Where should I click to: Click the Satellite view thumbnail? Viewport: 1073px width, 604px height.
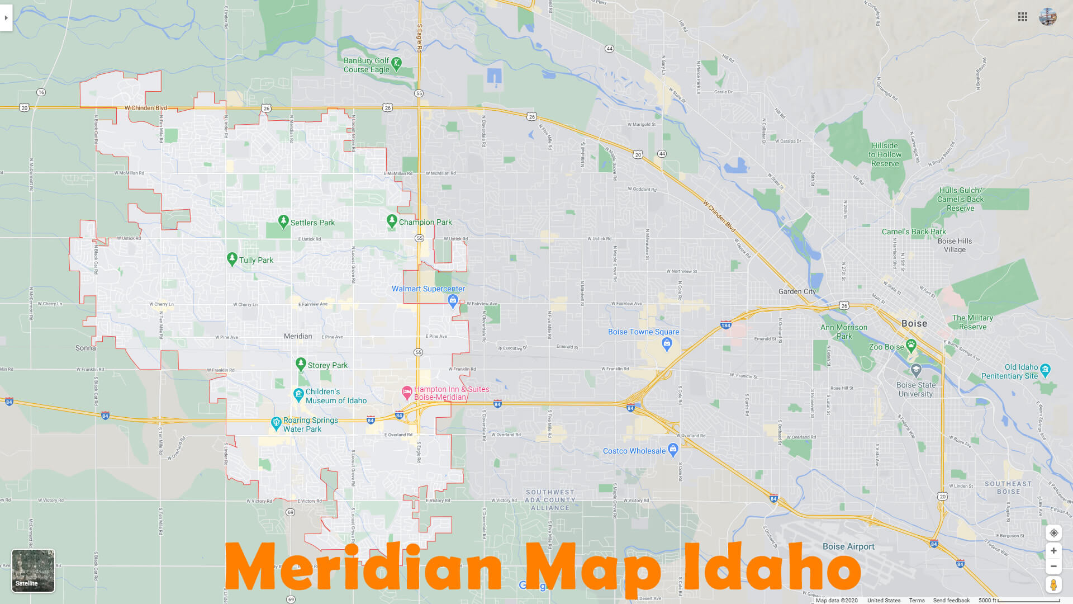pos(33,570)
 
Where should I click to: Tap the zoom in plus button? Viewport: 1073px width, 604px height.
pos(1053,551)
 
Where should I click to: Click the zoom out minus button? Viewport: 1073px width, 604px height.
pos(1053,567)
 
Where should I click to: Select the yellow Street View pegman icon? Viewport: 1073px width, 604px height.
pos(1053,585)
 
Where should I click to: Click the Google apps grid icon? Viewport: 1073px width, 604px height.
pos(1023,17)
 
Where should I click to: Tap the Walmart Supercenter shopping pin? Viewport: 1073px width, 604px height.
pos(453,301)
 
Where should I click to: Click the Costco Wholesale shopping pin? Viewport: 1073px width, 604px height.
pos(673,449)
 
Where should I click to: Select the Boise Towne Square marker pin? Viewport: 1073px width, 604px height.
pos(666,344)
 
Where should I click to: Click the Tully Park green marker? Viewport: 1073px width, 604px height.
pos(232,259)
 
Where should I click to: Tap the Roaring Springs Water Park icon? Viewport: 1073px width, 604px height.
pos(276,423)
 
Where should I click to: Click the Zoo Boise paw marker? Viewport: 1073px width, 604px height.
pos(911,345)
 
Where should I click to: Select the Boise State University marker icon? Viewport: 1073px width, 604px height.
pos(915,370)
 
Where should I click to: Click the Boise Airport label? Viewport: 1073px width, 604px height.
pos(848,546)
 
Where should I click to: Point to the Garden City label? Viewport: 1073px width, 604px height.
pos(797,291)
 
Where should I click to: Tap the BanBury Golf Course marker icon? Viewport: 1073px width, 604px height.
pos(396,64)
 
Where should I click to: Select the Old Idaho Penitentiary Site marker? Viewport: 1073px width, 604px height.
pos(1046,369)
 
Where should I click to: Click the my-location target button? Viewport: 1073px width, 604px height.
pos(1053,533)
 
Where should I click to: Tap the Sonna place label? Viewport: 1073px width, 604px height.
pos(86,348)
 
